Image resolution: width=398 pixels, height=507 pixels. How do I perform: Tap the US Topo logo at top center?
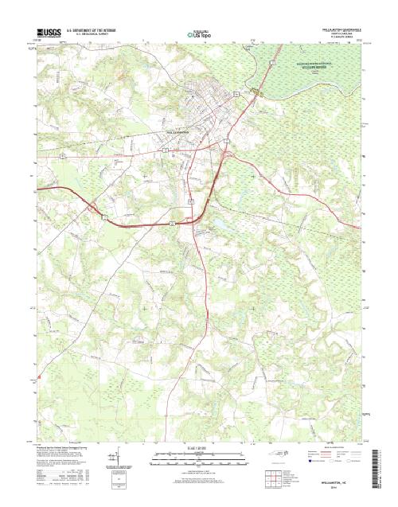(x=199, y=34)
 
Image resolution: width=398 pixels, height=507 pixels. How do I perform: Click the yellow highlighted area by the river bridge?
(x=256, y=90)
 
